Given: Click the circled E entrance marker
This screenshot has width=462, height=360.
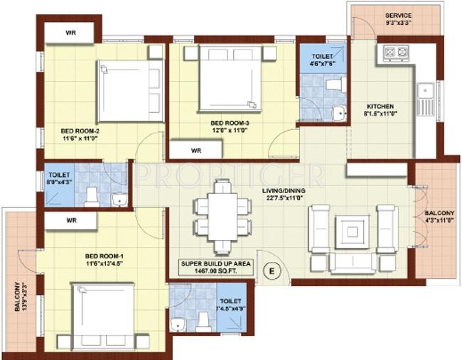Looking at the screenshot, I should pos(270,270).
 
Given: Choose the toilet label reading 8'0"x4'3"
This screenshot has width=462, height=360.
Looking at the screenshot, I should pos(59,178).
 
